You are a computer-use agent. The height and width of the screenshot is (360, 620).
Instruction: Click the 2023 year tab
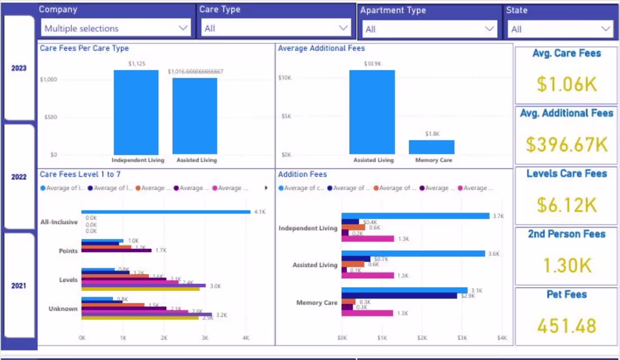click(x=19, y=68)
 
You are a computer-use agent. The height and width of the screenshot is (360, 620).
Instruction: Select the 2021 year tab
click(x=19, y=286)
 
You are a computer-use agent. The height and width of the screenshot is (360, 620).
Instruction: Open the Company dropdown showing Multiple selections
click(x=116, y=28)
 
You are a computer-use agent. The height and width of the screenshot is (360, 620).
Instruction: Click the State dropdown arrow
click(x=606, y=29)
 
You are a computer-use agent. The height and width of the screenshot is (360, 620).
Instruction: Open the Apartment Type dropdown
click(x=428, y=29)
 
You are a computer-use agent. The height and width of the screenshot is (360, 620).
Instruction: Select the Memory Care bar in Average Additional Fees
click(x=432, y=147)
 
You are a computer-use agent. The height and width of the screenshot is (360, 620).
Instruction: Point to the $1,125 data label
click(x=136, y=64)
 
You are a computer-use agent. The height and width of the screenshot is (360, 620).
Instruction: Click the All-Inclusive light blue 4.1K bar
click(x=166, y=212)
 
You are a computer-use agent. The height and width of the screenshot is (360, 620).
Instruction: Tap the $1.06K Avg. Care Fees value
click(x=566, y=84)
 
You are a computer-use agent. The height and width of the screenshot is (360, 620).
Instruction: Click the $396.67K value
click(x=566, y=144)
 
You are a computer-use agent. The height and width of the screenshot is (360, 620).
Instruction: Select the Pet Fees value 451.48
click(x=566, y=326)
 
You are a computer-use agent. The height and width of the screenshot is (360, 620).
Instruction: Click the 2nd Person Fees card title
click(x=566, y=234)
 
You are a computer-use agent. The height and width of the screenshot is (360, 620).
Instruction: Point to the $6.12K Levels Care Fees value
click(x=566, y=205)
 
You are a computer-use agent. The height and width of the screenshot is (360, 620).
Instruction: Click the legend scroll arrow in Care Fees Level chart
click(x=266, y=188)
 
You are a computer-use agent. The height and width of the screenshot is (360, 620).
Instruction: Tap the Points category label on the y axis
click(x=68, y=251)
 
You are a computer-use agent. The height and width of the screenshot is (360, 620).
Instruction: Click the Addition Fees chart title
click(x=302, y=175)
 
